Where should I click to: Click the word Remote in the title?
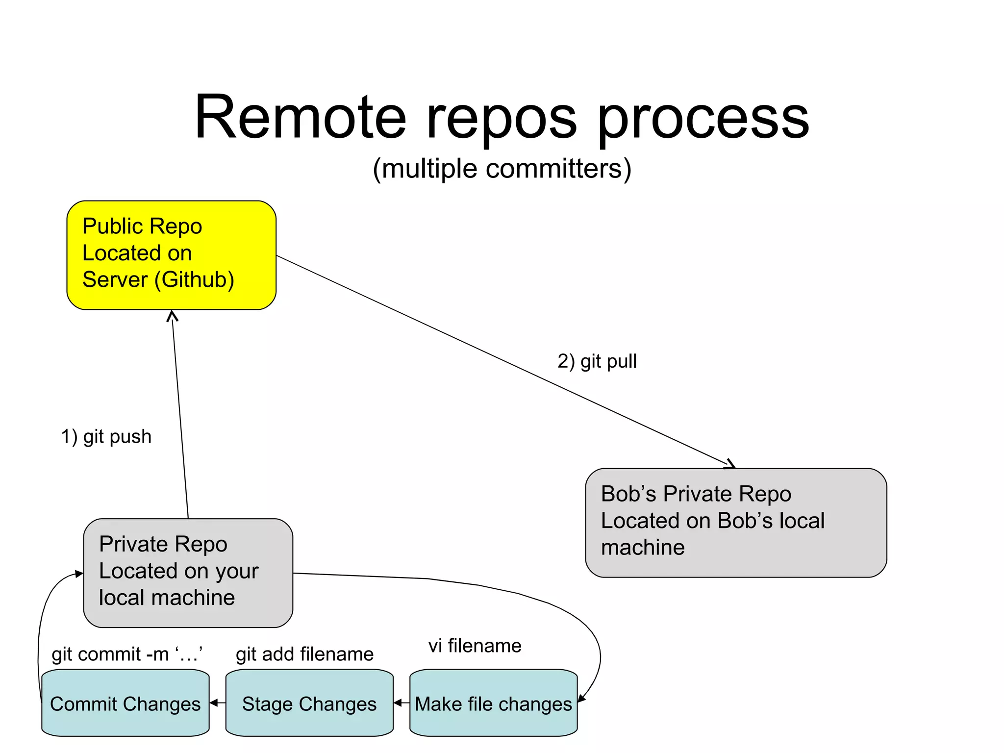pos(300,118)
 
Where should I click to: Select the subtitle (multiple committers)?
pos(502,169)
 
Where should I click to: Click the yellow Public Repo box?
pos(171,255)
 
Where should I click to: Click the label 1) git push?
pos(106,436)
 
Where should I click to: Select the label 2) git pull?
pos(597,361)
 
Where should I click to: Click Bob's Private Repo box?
pos(735,523)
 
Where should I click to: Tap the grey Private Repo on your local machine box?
pos(188,573)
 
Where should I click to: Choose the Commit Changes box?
pos(125,703)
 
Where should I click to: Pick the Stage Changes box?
pos(309,703)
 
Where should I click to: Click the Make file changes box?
pos(493,703)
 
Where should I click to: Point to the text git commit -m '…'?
pos(127,654)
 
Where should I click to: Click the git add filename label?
pos(304,654)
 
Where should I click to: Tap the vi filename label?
pos(475,646)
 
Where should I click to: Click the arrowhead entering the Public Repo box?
pos(172,316)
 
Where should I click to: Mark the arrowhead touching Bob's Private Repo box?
pos(730,464)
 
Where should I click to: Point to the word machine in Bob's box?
pos(643,548)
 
